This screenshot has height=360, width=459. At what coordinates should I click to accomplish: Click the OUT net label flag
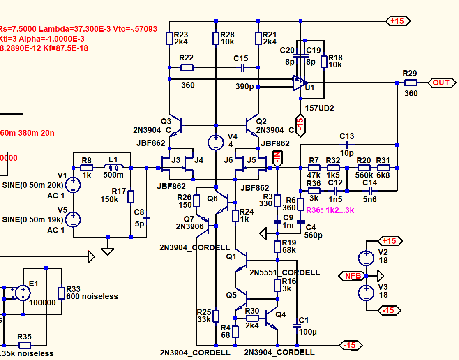coord(441,83)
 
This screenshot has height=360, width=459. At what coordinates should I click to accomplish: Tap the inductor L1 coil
coord(113,168)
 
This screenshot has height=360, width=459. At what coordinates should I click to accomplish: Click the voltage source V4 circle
coord(216,143)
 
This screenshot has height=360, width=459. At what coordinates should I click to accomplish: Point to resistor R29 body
coord(410,83)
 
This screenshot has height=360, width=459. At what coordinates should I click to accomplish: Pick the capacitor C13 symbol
coord(347,145)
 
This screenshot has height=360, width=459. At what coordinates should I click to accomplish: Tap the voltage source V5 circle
coord(73,219)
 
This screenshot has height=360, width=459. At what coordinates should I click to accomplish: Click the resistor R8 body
coord(86,168)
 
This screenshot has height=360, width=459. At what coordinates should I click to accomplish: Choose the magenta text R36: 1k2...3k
coord(330,210)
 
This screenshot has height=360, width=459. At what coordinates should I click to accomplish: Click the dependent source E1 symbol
coord(23,293)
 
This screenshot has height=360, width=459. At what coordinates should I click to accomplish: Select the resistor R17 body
coord(131,196)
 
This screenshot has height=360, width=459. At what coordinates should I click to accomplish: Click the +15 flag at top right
coord(397,21)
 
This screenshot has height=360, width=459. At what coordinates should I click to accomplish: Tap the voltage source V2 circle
coord(365,258)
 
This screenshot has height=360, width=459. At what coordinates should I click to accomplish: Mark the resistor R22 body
coord(187,67)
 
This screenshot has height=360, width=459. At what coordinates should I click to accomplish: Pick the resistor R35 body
coord(25,345)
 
